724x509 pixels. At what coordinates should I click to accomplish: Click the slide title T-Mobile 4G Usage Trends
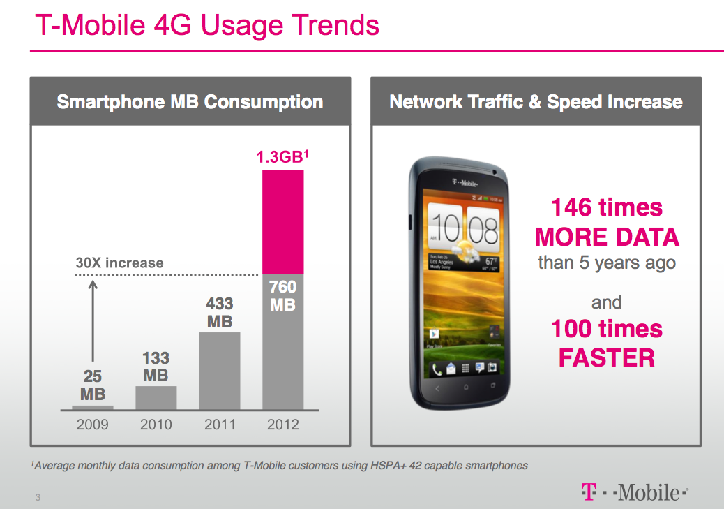207,26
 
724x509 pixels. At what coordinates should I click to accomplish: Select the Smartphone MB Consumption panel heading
190,102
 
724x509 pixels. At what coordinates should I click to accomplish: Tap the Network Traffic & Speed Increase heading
536,102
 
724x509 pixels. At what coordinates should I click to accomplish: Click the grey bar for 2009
93,406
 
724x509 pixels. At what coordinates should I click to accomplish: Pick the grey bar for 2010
156,397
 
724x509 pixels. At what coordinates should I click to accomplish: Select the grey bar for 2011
220,370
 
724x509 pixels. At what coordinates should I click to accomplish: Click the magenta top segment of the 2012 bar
282,221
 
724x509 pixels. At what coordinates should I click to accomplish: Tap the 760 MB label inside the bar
282,295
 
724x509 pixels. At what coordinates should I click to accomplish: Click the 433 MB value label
220,312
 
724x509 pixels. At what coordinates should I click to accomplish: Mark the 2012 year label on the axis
282,425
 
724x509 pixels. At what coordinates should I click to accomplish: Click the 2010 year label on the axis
156,425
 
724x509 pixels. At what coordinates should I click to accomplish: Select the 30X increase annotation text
119,263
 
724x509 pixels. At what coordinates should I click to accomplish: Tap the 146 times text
607,207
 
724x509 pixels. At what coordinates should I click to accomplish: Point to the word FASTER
607,358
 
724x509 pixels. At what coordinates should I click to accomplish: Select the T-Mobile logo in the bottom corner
634,492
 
